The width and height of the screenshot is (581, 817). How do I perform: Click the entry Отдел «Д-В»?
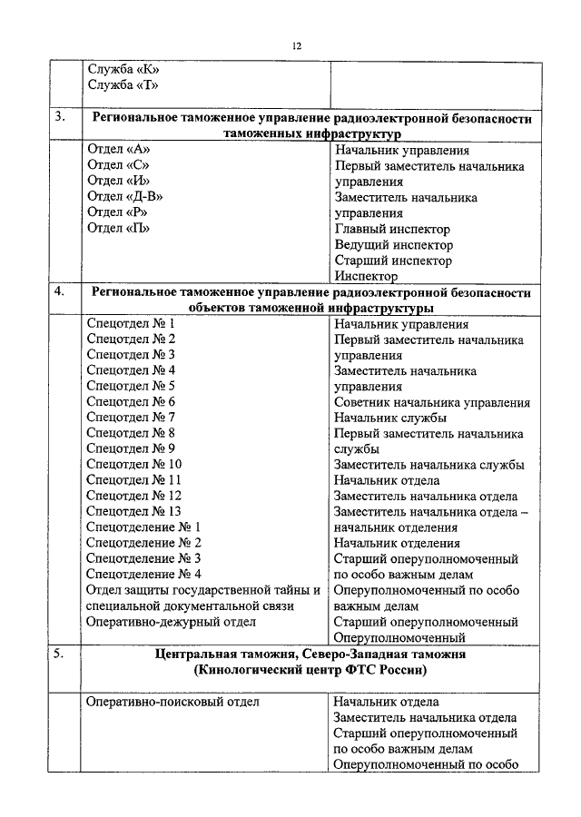(124, 197)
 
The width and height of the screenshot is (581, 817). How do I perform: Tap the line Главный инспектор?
(391, 229)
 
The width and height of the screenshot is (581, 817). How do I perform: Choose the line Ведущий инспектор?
(393, 245)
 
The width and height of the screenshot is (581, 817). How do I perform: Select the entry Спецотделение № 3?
(143, 558)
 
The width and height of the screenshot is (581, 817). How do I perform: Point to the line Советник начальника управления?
(431, 401)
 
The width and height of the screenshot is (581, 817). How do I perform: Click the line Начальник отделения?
(396, 543)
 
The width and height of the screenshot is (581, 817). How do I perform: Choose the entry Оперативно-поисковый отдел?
(172, 702)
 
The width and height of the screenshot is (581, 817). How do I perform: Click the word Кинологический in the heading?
(251, 670)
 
